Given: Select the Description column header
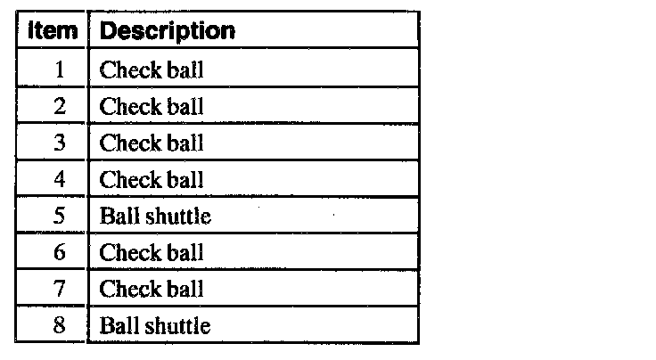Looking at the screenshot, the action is coord(167,31).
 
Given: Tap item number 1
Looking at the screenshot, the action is coord(60,70).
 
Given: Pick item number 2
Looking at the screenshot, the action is coord(60,107).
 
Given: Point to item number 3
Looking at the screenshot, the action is coord(60,143).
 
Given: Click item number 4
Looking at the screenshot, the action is coord(60,180).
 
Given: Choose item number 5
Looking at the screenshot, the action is coord(60,216).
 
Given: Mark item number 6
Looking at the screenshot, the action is coord(60,252).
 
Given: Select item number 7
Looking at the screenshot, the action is coord(60,289).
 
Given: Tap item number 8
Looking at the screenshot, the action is coord(60,325).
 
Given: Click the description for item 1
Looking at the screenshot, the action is coord(152,70).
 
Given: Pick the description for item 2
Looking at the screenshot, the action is coord(152,107).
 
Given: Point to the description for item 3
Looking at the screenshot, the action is coord(152,143).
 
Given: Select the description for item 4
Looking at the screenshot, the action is coord(152,180).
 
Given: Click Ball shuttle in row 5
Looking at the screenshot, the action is coord(155,216).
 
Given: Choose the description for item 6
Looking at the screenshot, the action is coord(152,252).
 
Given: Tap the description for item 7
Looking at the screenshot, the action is coord(152,289).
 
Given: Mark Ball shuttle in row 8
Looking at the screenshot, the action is coord(155,325).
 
